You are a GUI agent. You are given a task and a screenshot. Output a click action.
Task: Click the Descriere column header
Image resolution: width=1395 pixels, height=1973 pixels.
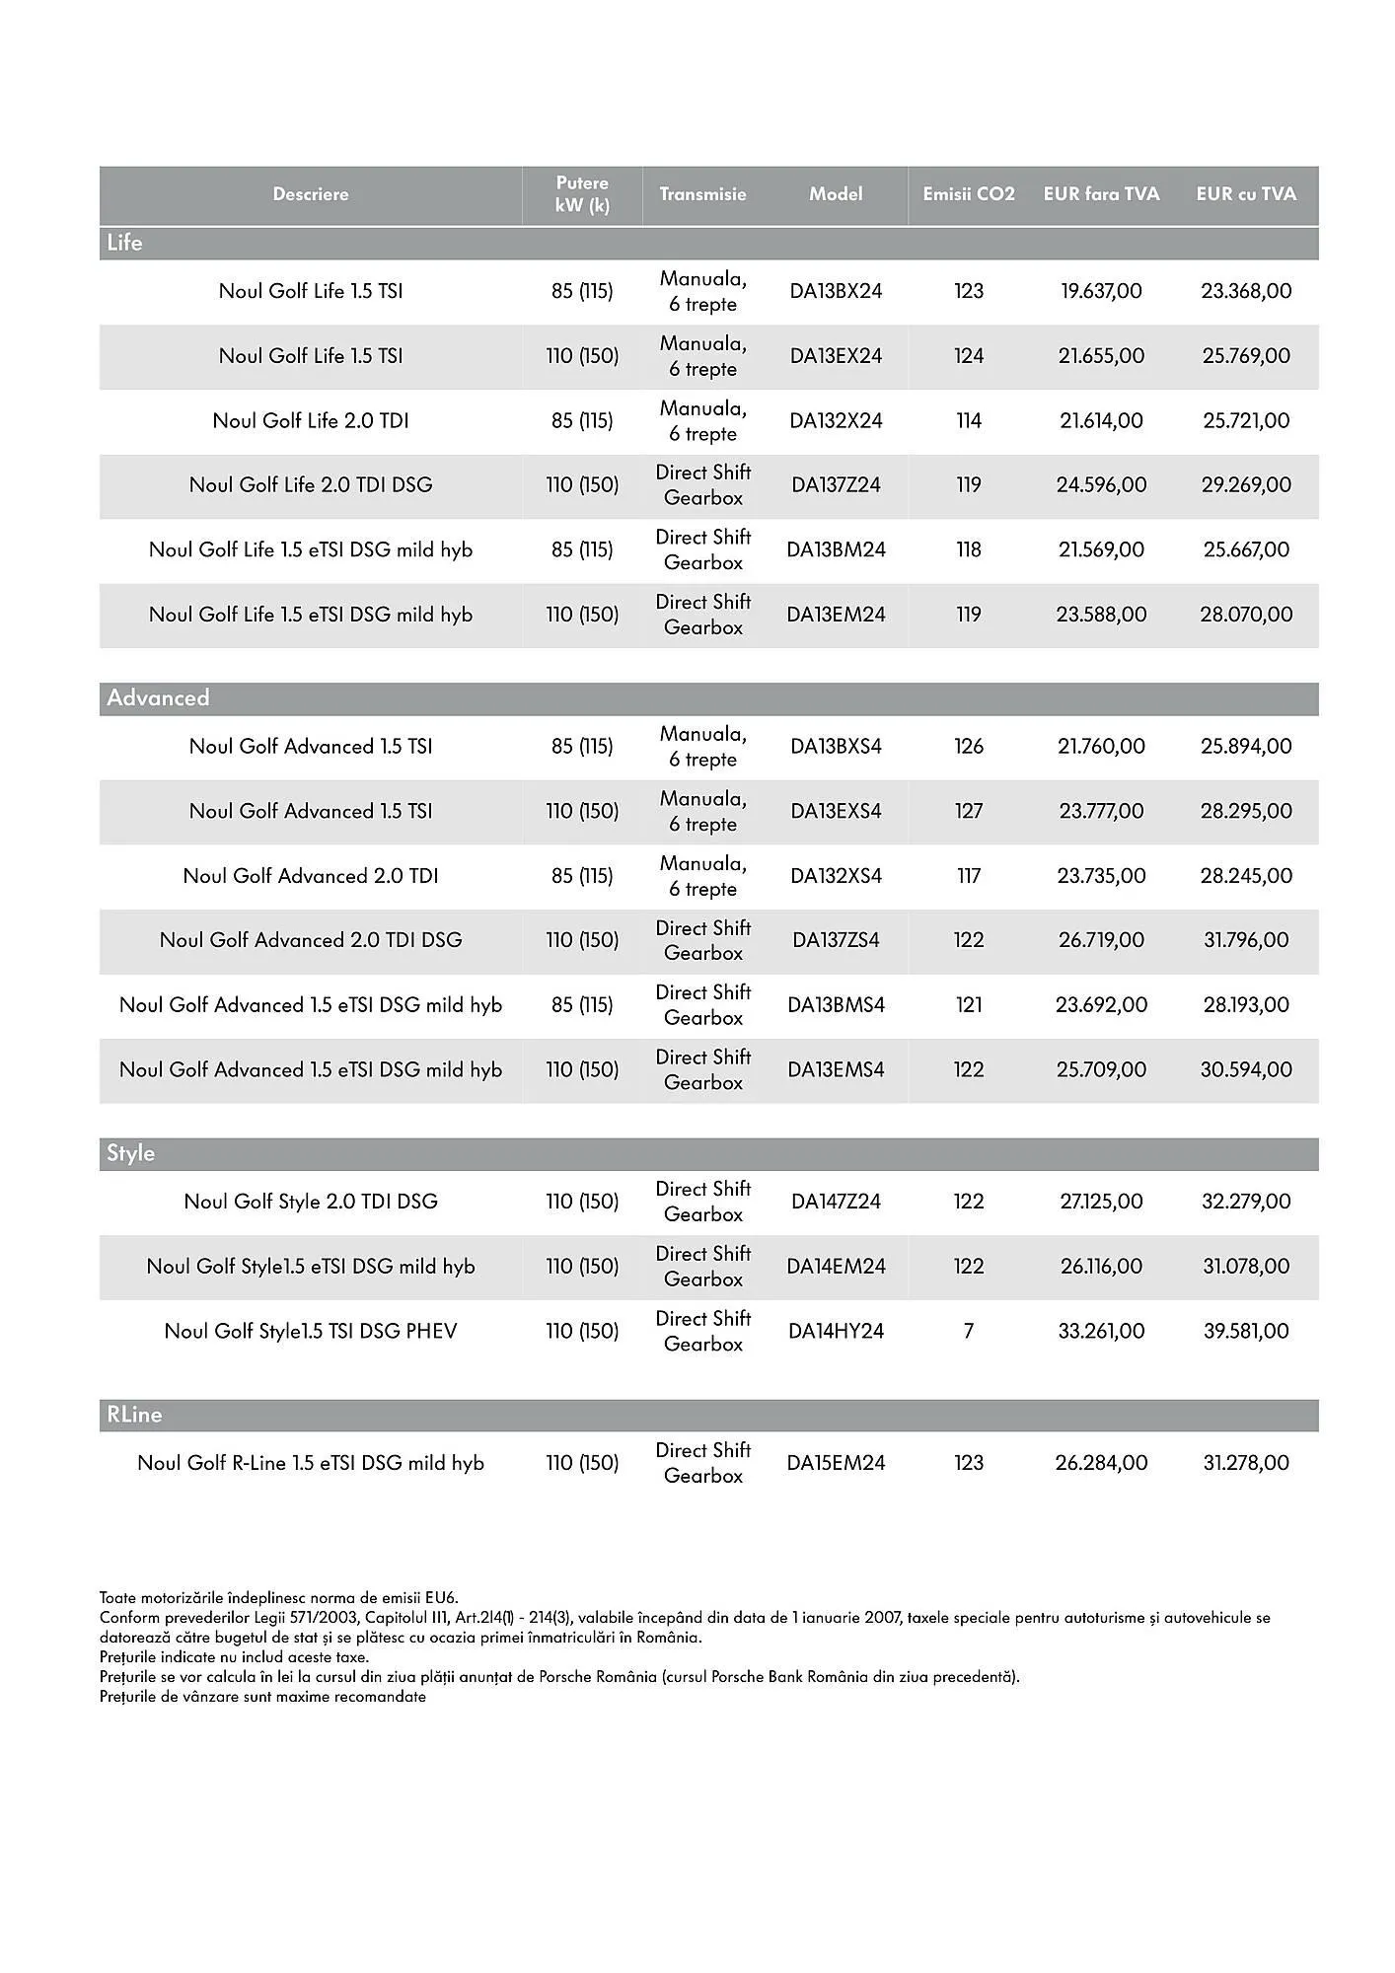point(311,194)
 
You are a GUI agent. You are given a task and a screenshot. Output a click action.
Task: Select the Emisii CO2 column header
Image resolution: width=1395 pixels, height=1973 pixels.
point(968,194)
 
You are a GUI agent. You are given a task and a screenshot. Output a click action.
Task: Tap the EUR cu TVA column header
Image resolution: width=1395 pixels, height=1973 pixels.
point(1245,194)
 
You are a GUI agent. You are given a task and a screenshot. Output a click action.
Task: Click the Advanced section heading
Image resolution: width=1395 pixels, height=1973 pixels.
point(159,698)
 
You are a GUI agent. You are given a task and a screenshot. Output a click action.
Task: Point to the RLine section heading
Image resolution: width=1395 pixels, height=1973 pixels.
point(134,1415)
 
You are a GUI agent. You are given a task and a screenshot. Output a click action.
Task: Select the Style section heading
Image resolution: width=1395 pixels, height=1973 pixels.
point(131,1153)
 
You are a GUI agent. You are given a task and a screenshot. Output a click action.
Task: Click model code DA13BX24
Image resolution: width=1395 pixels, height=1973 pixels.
point(836,291)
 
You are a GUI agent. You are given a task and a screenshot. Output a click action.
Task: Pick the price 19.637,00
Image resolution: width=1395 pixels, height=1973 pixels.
point(1101,291)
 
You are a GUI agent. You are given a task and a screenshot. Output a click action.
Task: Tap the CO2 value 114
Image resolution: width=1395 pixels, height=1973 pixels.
point(968,420)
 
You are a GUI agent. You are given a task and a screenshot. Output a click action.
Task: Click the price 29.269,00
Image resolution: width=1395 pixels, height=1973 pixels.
point(1245,484)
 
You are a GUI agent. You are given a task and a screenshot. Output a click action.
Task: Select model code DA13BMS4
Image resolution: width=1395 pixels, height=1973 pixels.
point(836,1004)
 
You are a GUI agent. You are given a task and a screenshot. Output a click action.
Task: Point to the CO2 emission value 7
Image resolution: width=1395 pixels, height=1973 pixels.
point(968,1331)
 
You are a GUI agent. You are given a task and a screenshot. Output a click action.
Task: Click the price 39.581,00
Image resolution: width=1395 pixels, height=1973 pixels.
point(1245,1331)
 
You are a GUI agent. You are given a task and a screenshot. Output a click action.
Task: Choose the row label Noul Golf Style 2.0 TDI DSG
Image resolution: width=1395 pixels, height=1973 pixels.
point(311,1202)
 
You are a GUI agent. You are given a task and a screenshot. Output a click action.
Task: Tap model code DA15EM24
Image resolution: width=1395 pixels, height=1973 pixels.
point(836,1463)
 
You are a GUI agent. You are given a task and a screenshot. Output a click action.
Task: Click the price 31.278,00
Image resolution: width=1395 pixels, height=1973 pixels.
point(1245,1463)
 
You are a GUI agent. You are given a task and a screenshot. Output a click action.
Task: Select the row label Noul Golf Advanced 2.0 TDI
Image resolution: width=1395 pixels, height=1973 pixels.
point(311,876)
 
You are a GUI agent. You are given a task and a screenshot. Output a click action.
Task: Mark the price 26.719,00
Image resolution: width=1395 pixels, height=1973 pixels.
point(1101,940)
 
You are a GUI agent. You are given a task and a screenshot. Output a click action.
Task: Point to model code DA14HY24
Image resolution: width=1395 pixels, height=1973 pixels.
point(836,1331)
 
